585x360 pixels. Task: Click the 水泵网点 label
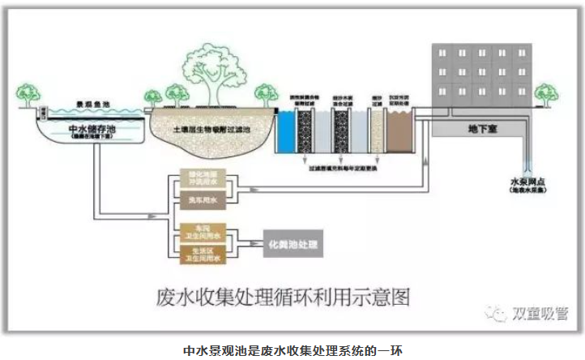pos(526,183)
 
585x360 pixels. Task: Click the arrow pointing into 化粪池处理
pos(252,243)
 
